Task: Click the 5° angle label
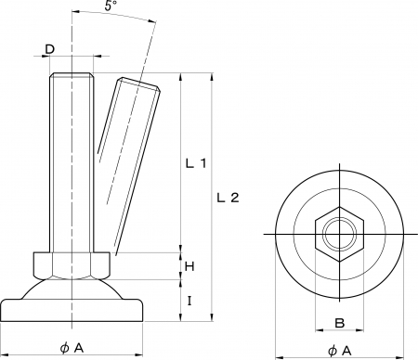pyautogui.click(x=111, y=6)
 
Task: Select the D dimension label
pyautogui.click(x=50, y=49)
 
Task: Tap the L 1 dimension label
pyautogui.click(x=196, y=163)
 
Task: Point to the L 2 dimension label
pyautogui.click(x=228, y=198)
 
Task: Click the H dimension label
pyautogui.click(x=189, y=266)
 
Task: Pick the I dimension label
pyautogui.click(x=189, y=301)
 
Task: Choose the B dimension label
pyautogui.click(x=340, y=323)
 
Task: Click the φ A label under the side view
pyautogui.click(x=72, y=348)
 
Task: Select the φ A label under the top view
pyautogui.click(x=340, y=351)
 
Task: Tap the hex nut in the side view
pyautogui.click(x=72, y=265)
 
